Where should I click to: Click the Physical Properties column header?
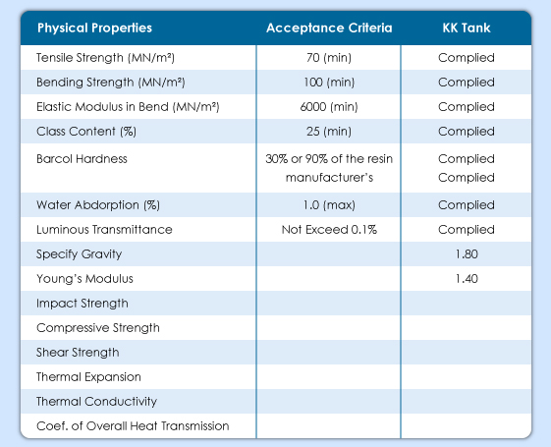[x=94, y=28]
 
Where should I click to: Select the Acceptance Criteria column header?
[x=329, y=28]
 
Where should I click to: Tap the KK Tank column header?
[x=467, y=28]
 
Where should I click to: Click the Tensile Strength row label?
[x=105, y=58]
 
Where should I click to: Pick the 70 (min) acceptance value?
[x=329, y=58]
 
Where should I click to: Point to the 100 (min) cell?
[x=329, y=83]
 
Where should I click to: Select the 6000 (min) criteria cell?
[x=329, y=107]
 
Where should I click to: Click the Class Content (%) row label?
[x=86, y=132]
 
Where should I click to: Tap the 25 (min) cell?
[x=329, y=132]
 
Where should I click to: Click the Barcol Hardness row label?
[x=82, y=159]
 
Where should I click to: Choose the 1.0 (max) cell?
[x=329, y=205]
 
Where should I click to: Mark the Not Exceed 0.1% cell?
[x=329, y=230]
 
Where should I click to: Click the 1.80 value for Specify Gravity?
[x=467, y=254]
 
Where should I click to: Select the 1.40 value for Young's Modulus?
[x=467, y=279]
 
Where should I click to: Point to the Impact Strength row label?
[x=83, y=304]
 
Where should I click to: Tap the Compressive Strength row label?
[x=98, y=328]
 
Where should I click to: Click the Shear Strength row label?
[x=78, y=353]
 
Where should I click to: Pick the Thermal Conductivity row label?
[x=96, y=401]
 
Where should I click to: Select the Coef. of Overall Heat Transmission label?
[x=133, y=426]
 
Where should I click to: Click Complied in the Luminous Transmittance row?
[x=467, y=230]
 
